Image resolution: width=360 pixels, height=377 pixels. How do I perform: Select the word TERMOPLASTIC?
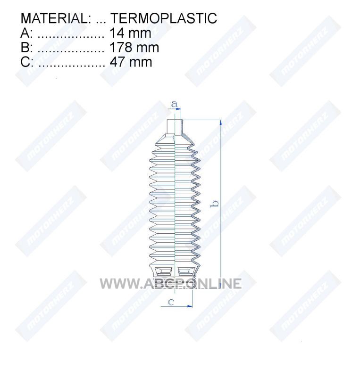click(164, 18)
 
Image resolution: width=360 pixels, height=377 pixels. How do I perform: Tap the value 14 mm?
click(131, 33)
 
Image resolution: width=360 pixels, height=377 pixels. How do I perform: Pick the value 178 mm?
click(134, 48)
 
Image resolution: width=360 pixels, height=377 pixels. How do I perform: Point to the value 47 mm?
click(131, 62)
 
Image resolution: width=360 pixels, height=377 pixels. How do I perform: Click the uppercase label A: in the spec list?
click(26, 33)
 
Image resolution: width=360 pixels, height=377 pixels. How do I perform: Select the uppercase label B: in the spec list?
click(26, 48)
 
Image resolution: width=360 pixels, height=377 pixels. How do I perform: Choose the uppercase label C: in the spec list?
click(27, 62)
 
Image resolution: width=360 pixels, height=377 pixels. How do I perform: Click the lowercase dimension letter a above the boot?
click(175, 104)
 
